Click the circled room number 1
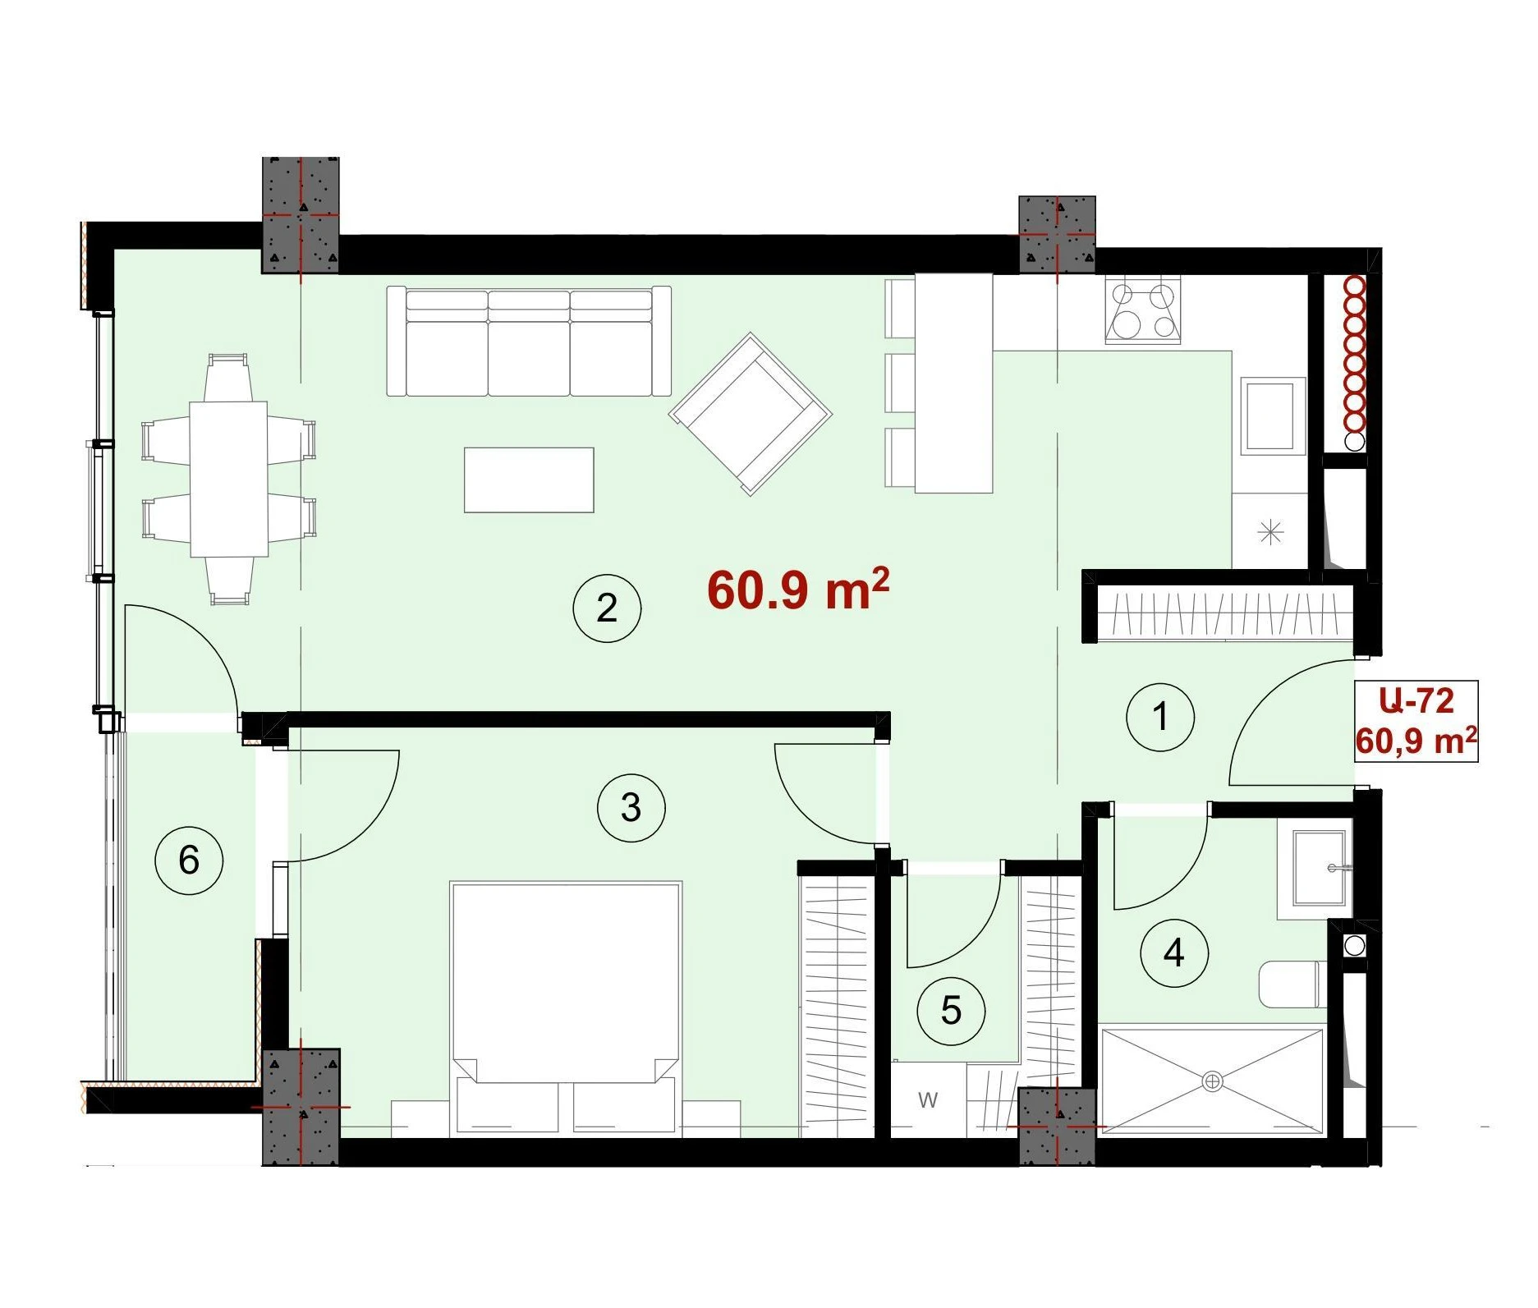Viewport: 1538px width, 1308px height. [x=1160, y=717]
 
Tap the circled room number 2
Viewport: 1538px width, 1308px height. [x=607, y=608]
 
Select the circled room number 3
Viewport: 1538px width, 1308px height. [x=631, y=808]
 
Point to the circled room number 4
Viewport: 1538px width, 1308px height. [x=1174, y=953]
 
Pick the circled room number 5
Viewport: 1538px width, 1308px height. [x=951, y=1011]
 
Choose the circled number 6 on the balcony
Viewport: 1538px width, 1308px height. [x=189, y=861]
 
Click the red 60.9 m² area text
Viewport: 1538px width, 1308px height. [x=798, y=589]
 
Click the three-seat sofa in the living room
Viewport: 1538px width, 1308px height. [x=529, y=341]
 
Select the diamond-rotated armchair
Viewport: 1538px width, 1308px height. [x=751, y=414]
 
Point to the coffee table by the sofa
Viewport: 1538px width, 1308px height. [x=529, y=480]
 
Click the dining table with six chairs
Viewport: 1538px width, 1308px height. [x=228, y=480]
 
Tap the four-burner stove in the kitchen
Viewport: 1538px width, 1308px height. [x=1143, y=309]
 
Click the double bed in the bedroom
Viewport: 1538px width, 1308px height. [x=566, y=1009]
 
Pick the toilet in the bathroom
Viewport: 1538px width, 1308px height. [x=1290, y=984]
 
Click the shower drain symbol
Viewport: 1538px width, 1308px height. [x=1212, y=1081]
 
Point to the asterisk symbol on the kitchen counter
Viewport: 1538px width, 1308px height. [x=1270, y=533]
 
